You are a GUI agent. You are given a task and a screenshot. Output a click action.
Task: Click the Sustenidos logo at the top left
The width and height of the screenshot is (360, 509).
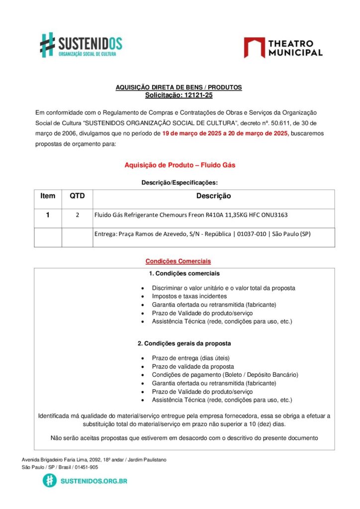click(81, 45)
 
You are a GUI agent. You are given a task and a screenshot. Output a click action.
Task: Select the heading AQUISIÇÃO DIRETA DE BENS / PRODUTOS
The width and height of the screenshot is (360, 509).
click(179, 87)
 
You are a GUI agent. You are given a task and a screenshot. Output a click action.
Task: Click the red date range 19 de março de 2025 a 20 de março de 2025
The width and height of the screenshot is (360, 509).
click(225, 133)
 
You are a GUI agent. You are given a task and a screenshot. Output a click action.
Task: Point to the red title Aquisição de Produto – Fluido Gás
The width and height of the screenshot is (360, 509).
click(180, 165)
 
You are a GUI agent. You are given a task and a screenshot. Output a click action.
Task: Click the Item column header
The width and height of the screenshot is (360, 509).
click(48, 196)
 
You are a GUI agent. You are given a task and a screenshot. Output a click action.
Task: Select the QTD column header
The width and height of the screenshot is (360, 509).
click(77, 196)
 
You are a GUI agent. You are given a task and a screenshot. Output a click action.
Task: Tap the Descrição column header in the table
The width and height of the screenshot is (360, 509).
click(213, 196)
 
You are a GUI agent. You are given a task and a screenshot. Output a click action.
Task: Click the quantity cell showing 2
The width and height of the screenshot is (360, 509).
click(77, 215)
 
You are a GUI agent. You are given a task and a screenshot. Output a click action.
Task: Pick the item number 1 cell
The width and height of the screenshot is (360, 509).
click(48, 215)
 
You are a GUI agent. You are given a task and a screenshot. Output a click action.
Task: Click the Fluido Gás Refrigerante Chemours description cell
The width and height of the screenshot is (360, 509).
click(191, 215)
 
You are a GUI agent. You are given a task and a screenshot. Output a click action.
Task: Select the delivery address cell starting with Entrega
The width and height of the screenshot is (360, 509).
click(202, 234)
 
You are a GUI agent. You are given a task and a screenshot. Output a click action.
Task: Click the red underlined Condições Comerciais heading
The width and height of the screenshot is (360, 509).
click(178, 261)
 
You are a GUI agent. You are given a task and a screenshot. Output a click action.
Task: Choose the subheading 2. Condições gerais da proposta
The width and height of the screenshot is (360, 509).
click(184, 343)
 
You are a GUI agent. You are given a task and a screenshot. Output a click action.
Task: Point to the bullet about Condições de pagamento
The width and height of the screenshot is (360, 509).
click(225, 375)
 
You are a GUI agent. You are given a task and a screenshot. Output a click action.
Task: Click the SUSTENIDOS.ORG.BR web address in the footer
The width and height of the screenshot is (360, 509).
click(93, 481)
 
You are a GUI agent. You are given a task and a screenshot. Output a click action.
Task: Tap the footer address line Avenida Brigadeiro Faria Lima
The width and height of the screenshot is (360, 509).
click(94, 460)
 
